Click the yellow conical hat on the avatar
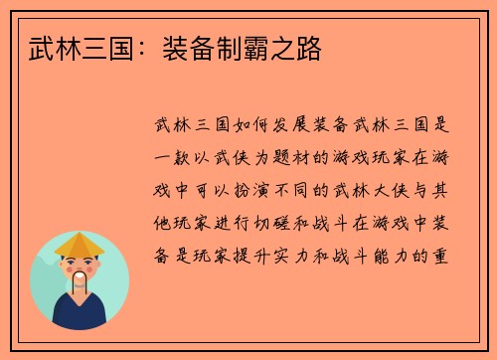click(x=80, y=245)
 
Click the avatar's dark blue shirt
click(x=80, y=312)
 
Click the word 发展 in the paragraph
click(x=290, y=126)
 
